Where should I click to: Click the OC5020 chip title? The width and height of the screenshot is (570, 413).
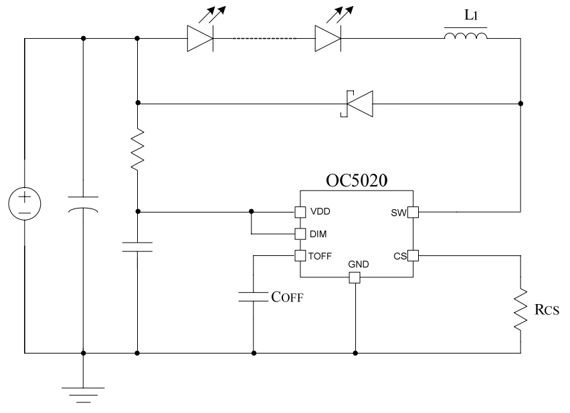click(x=356, y=182)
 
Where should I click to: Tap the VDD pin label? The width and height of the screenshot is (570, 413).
click(x=320, y=213)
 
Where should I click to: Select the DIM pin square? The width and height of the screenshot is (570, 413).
click(x=300, y=234)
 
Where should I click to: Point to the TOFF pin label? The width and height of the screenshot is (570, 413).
click(x=322, y=256)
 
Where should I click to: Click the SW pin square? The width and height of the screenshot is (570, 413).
click(x=413, y=213)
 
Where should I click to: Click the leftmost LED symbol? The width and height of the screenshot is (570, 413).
click(x=201, y=37)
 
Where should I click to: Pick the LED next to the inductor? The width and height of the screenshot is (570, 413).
click(x=328, y=37)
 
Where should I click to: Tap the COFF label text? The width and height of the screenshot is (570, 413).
click(x=287, y=298)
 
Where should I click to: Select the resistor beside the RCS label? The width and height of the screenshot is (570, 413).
click(x=520, y=308)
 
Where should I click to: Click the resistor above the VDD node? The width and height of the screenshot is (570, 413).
click(x=137, y=150)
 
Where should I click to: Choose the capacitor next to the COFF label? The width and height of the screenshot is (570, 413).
click(x=254, y=297)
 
